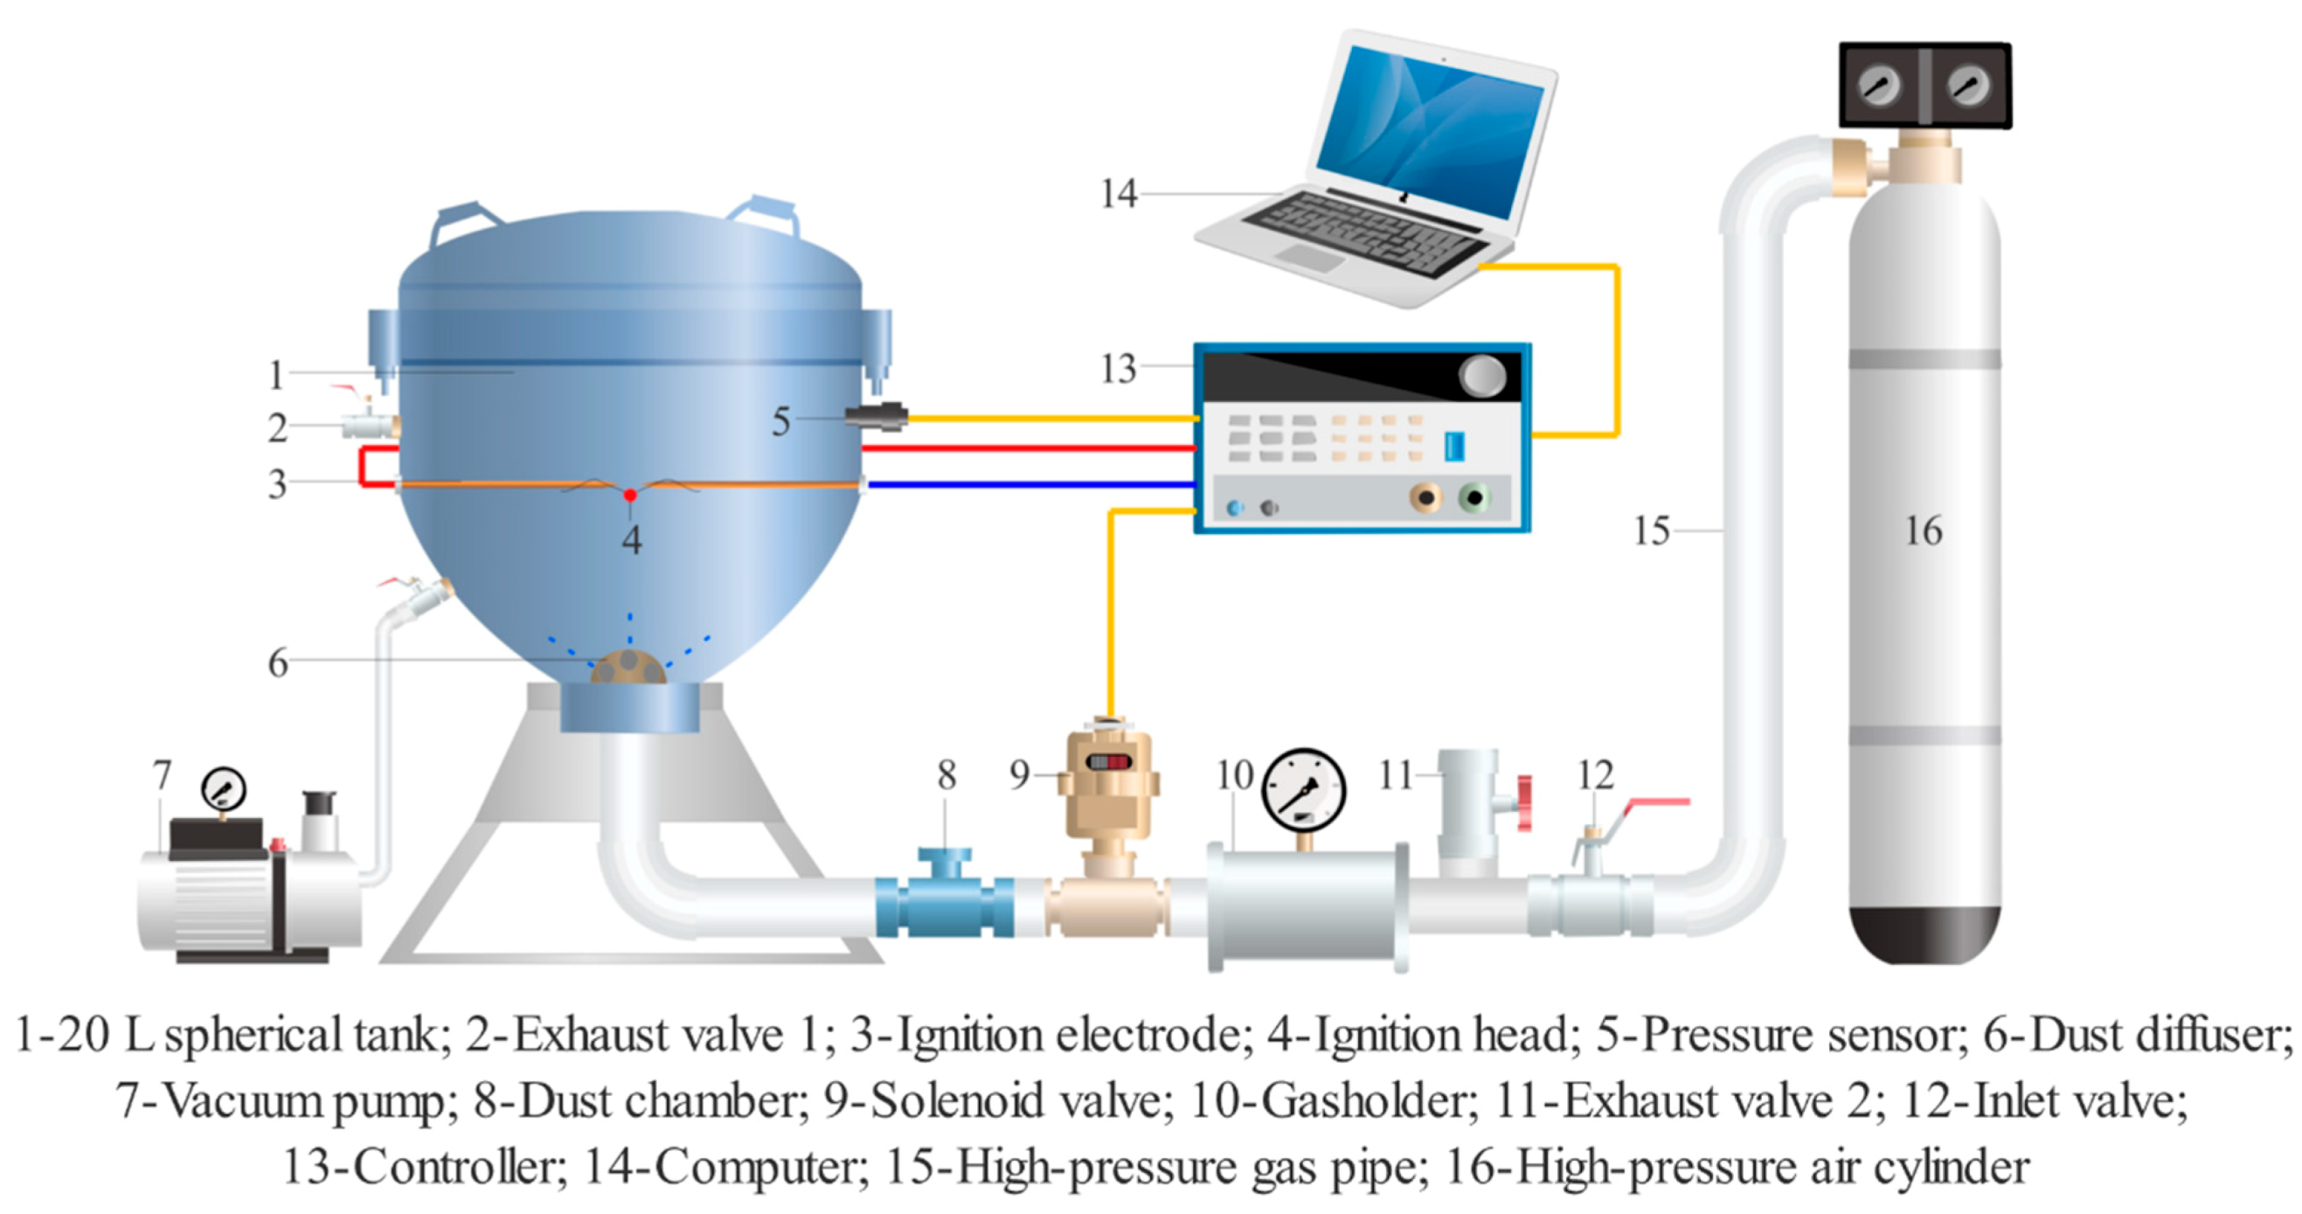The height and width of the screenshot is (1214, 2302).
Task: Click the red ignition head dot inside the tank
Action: point(630,495)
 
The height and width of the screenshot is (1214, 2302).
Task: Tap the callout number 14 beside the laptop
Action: point(1118,194)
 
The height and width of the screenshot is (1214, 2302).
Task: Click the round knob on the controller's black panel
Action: point(1482,377)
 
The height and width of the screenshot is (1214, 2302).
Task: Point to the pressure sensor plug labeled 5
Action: point(876,417)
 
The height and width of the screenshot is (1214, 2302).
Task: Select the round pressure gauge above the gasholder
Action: point(1304,791)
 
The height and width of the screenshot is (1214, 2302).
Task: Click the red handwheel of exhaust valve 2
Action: point(1523,801)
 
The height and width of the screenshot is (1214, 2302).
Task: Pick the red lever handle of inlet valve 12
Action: point(1659,802)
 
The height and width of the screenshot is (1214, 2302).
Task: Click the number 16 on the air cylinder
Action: point(1923,531)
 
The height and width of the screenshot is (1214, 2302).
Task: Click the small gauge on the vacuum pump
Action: point(224,789)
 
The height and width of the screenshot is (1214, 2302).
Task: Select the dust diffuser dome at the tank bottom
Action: point(628,668)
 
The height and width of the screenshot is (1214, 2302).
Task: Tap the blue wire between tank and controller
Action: point(1028,484)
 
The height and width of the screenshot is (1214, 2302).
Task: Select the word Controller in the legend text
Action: point(460,1168)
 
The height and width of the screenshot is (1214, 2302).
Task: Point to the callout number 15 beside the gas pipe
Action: point(1651,531)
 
